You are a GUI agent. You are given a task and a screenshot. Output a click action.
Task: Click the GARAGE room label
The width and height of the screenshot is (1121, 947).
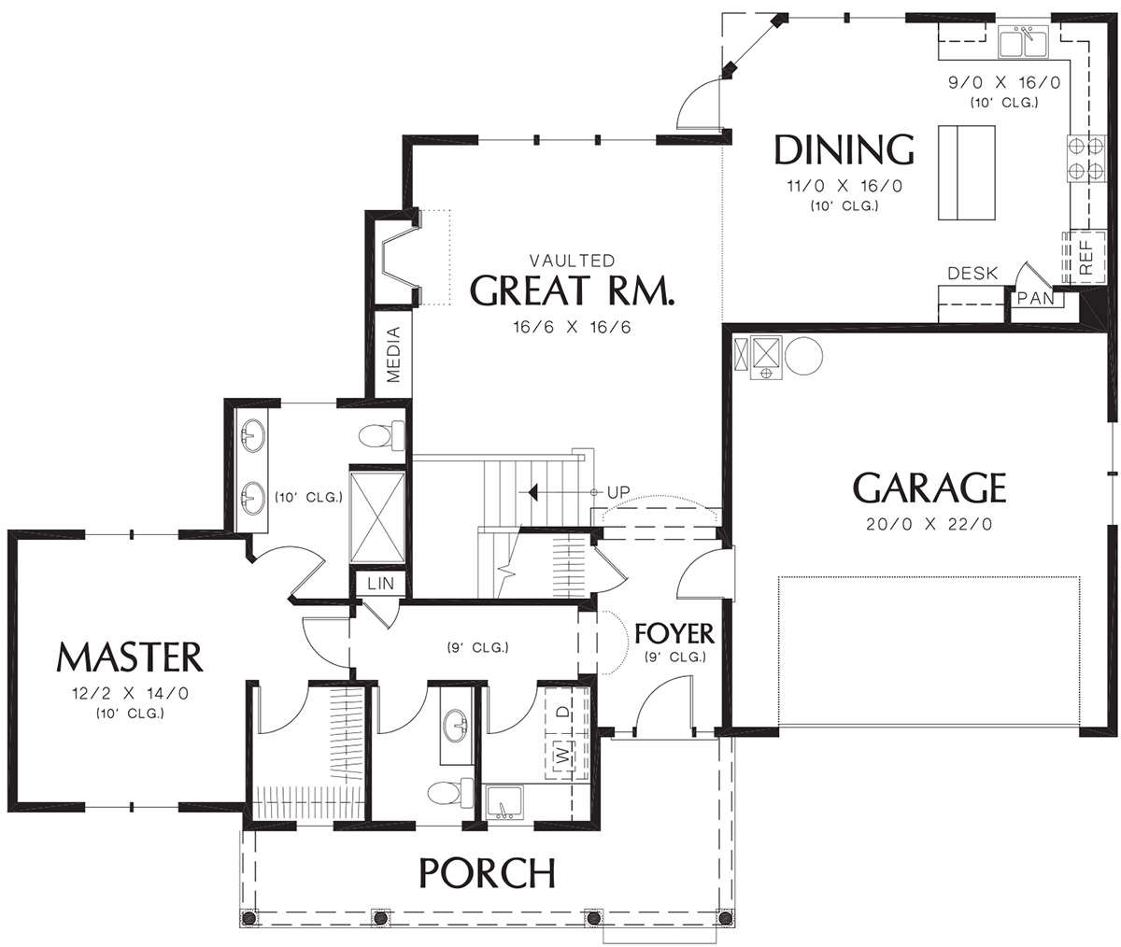click(929, 488)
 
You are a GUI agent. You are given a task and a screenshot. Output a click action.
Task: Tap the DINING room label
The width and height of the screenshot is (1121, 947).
click(844, 149)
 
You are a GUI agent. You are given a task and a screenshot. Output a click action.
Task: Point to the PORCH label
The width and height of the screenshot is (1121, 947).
click(487, 873)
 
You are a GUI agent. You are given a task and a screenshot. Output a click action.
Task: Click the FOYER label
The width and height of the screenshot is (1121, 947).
click(674, 633)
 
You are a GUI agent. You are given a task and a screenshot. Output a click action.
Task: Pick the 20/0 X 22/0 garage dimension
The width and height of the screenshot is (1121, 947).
click(929, 524)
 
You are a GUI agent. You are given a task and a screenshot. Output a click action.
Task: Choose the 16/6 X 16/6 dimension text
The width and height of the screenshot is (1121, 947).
click(572, 327)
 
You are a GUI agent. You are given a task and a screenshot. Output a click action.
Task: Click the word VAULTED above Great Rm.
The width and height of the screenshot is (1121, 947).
click(572, 261)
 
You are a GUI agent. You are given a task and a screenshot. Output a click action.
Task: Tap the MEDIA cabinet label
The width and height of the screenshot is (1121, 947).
click(393, 354)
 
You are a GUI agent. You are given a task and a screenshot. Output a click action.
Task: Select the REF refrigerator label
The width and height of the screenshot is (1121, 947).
click(1086, 258)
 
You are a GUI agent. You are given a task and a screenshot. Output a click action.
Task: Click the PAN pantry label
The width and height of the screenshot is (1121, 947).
click(1036, 299)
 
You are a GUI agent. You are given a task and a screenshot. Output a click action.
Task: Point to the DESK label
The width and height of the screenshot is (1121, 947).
click(972, 274)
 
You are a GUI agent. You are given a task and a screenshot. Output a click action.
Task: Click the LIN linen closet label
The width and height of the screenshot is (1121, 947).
click(380, 584)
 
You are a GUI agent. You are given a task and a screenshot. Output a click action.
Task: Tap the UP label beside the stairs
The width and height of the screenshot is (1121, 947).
click(618, 492)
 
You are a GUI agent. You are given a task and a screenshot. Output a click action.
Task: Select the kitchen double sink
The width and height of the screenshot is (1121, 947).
click(1023, 42)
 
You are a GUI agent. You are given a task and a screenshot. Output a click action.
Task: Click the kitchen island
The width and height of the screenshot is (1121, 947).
click(966, 173)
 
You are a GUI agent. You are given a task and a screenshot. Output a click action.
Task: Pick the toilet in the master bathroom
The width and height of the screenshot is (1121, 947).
click(382, 436)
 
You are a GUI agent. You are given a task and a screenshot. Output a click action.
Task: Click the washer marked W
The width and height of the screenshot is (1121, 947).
click(561, 756)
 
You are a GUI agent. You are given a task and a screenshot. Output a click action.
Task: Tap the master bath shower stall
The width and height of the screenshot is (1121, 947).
click(377, 517)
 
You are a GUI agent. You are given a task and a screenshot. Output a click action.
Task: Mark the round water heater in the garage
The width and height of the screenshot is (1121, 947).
click(803, 356)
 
